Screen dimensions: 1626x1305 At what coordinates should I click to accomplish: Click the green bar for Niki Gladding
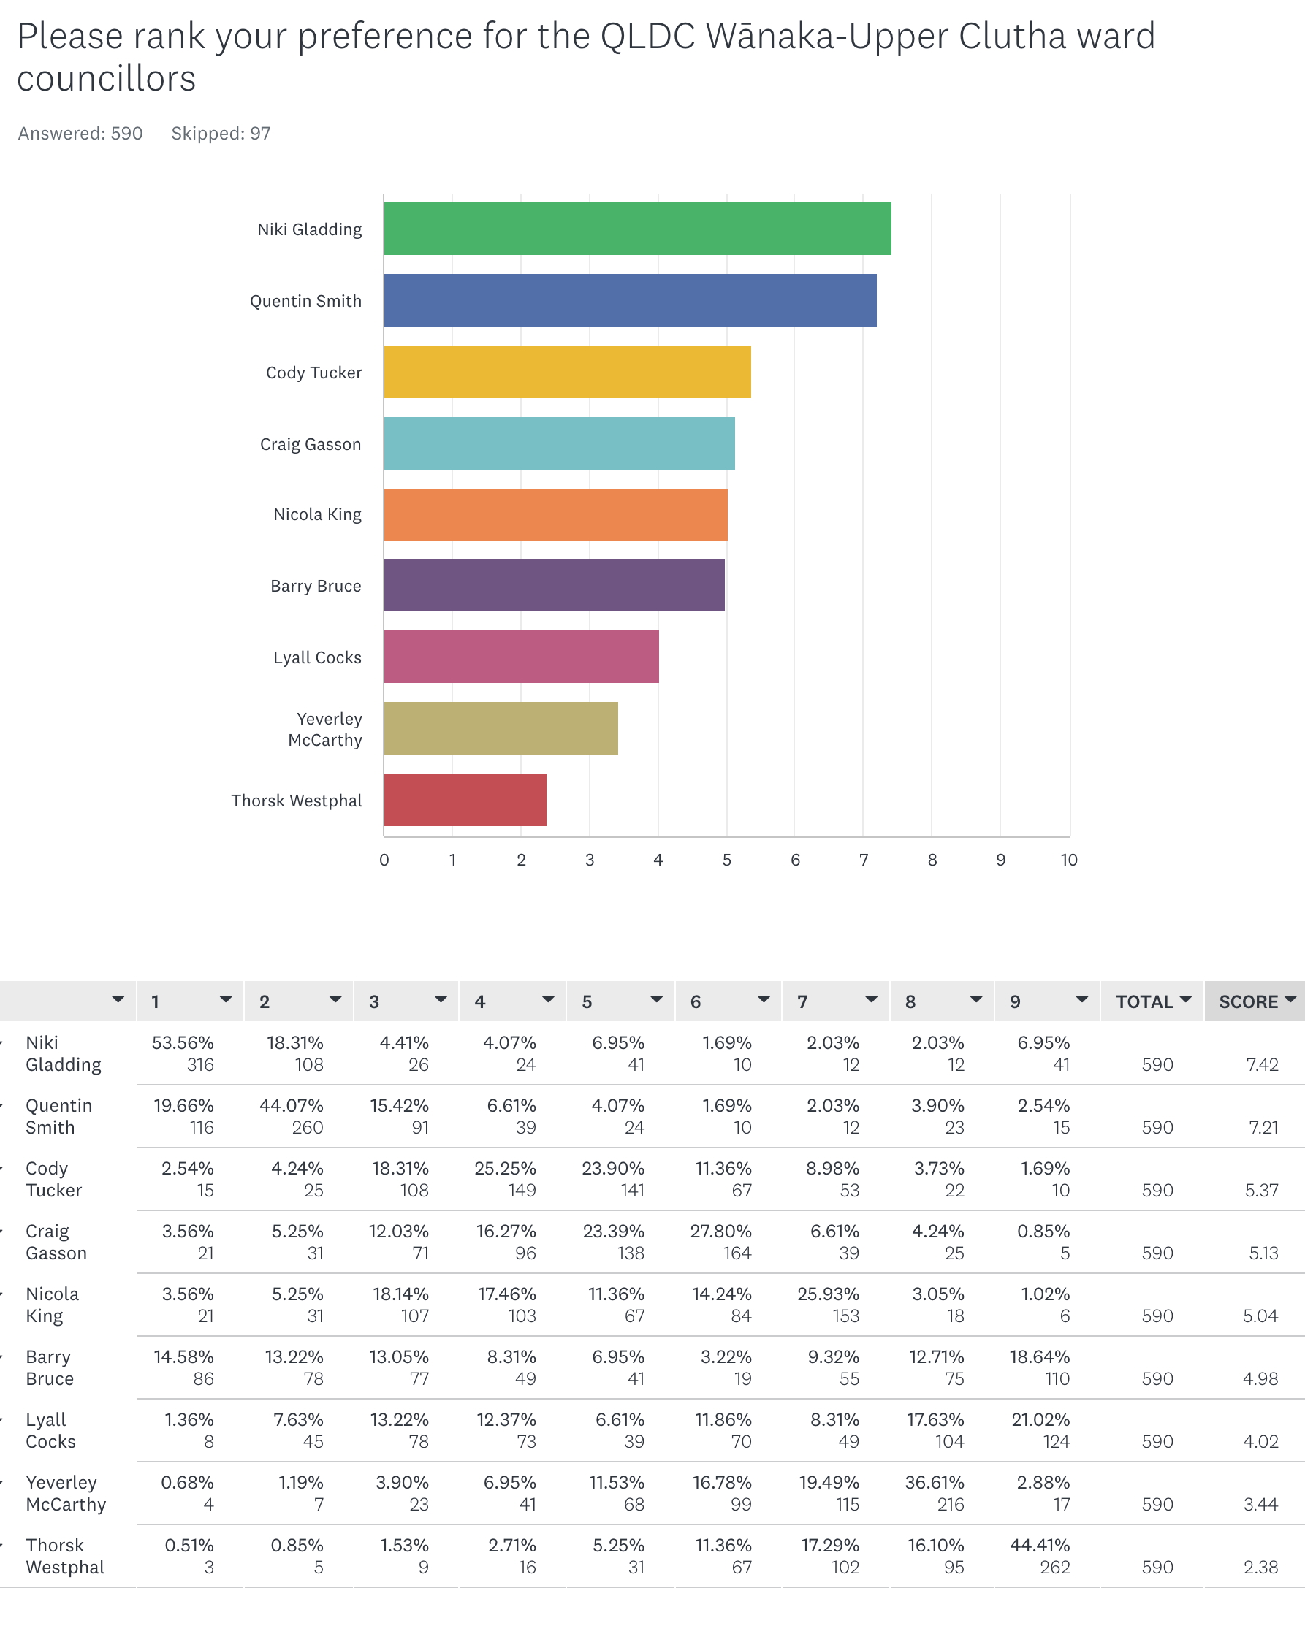[637, 229]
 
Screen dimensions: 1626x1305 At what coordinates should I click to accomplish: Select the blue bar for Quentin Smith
[630, 300]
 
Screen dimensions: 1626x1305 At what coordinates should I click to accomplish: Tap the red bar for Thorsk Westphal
[465, 799]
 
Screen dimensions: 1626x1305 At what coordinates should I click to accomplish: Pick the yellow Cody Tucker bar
[567, 372]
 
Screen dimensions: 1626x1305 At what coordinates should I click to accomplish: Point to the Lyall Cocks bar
[521, 657]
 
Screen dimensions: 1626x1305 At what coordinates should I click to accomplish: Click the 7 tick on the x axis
[864, 860]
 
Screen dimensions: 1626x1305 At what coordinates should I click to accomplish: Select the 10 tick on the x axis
[1069, 860]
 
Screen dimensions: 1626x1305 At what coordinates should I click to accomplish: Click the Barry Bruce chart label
[316, 586]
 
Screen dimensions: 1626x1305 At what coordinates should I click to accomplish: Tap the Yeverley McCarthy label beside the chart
[325, 729]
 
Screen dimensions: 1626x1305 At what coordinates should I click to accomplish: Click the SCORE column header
[1249, 1001]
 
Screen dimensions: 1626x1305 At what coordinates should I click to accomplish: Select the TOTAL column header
[1144, 1001]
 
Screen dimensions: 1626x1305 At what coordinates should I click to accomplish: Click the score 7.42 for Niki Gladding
[1262, 1065]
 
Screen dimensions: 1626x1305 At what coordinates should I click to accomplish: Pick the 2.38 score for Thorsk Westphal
[1260, 1567]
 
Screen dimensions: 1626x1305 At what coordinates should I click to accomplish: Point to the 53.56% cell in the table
[183, 1043]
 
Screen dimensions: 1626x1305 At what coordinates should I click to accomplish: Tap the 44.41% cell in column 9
[1040, 1546]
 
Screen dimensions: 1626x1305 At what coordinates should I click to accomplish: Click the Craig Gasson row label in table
[56, 1242]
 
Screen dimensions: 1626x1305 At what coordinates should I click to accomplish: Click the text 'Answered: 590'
[80, 134]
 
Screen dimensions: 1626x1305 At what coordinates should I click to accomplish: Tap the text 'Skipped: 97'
[220, 134]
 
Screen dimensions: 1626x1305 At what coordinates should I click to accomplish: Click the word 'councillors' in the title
[107, 79]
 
